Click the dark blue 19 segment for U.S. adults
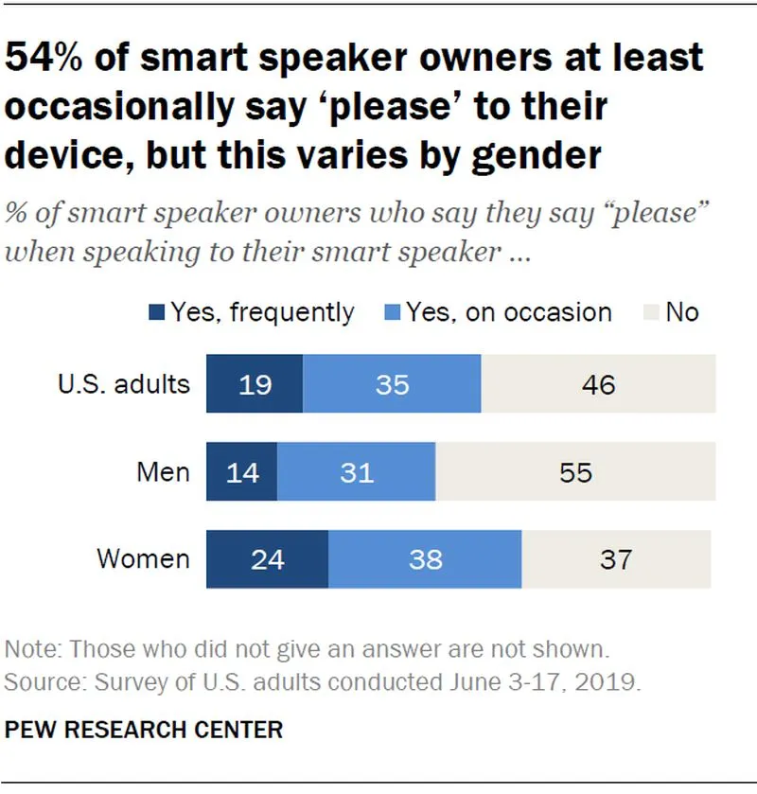[x=255, y=384]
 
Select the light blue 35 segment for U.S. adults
[x=391, y=384]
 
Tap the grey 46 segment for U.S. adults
[x=598, y=384]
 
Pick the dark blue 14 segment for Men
[x=242, y=471]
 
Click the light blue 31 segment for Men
[x=356, y=471]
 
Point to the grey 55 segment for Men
[x=574, y=471]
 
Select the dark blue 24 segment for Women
[x=267, y=559]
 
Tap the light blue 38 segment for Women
[x=425, y=559]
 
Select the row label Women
[x=144, y=559]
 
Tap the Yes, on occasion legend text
[x=509, y=312]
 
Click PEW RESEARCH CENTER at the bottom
[x=144, y=731]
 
